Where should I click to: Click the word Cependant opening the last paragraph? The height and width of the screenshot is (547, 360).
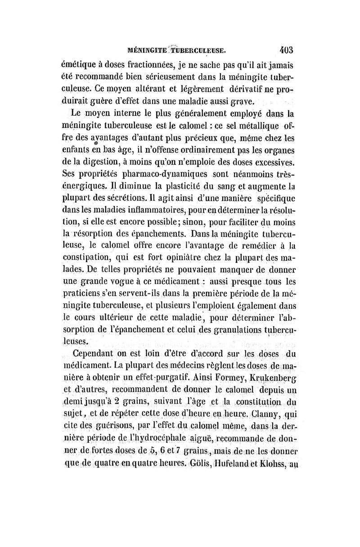pos(97,354)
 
